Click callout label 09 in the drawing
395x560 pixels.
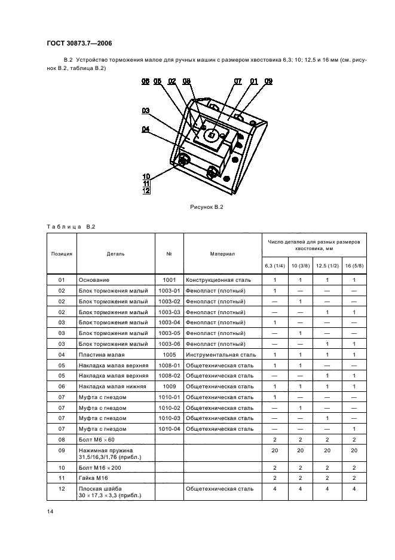[x=268, y=81]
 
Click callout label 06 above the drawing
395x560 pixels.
[x=145, y=81]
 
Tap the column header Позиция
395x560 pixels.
[x=62, y=254]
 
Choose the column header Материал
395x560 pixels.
[x=222, y=254]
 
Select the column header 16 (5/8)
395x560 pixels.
[x=354, y=264]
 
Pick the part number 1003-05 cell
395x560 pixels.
[x=170, y=333]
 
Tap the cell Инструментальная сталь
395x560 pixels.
[x=221, y=355]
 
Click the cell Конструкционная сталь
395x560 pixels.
[x=218, y=279]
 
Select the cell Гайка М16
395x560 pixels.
[x=92, y=478]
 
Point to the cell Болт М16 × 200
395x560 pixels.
[x=98, y=467]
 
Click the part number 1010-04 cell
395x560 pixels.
[x=170, y=429]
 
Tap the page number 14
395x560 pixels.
[x=50, y=512]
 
